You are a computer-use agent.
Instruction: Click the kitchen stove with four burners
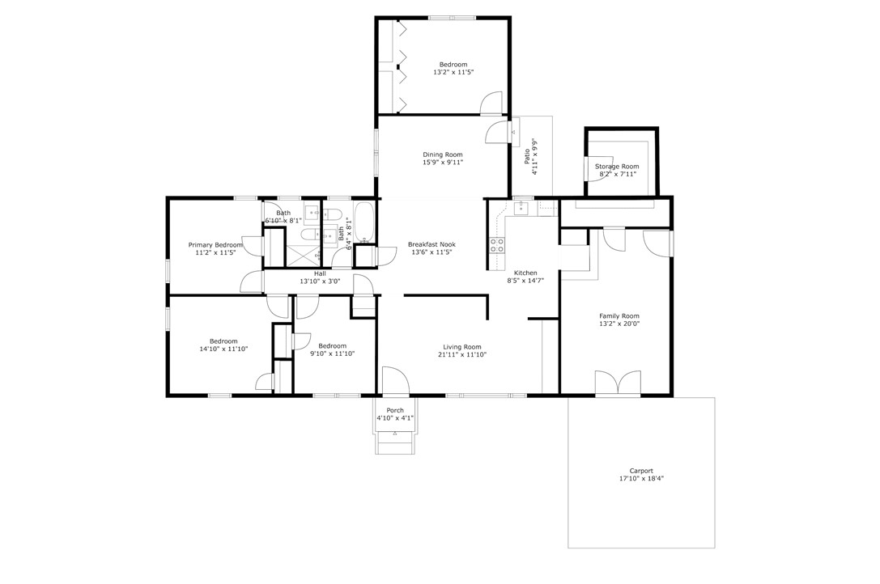point(497,245)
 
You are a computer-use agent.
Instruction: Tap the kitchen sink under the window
point(523,208)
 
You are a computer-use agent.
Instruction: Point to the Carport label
point(641,472)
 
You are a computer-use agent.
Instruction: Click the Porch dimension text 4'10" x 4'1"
point(395,418)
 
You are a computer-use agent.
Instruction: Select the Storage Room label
point(617,167)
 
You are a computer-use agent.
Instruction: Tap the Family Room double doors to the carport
point(618,383)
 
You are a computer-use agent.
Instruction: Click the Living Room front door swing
point(396,380)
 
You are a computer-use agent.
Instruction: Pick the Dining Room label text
point(443,154)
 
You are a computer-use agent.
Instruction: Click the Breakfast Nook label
point(431,244)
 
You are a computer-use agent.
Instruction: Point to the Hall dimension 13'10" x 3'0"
point(320,281)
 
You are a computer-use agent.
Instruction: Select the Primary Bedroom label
point(215,245)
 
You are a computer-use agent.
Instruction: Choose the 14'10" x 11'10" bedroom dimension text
point(223,349)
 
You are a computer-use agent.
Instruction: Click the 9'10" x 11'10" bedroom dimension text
point(332,353)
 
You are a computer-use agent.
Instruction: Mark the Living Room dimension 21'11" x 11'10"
point(462,354)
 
